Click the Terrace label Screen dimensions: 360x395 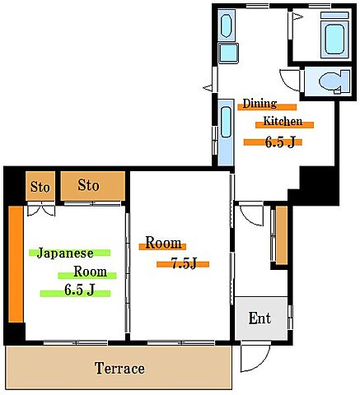[119, 368]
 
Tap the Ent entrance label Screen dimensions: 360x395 [259, 318]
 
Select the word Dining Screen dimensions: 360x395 [259, 104]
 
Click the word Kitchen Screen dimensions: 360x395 [283, 121]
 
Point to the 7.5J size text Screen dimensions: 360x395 [184, 263]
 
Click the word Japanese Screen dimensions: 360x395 [65, 253]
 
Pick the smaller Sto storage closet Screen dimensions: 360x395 [40, 186]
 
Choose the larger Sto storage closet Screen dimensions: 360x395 [93, 186]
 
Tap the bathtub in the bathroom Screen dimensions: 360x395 [334, 39]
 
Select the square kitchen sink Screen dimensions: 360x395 [228, 53]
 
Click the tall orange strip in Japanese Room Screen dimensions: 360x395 [16, 264]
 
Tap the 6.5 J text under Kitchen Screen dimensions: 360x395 [280, 142]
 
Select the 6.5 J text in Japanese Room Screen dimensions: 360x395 [80, 290]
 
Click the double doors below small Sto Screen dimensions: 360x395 [41, 210]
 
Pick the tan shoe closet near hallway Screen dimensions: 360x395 [282, 235]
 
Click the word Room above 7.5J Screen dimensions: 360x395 [163, 243]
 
